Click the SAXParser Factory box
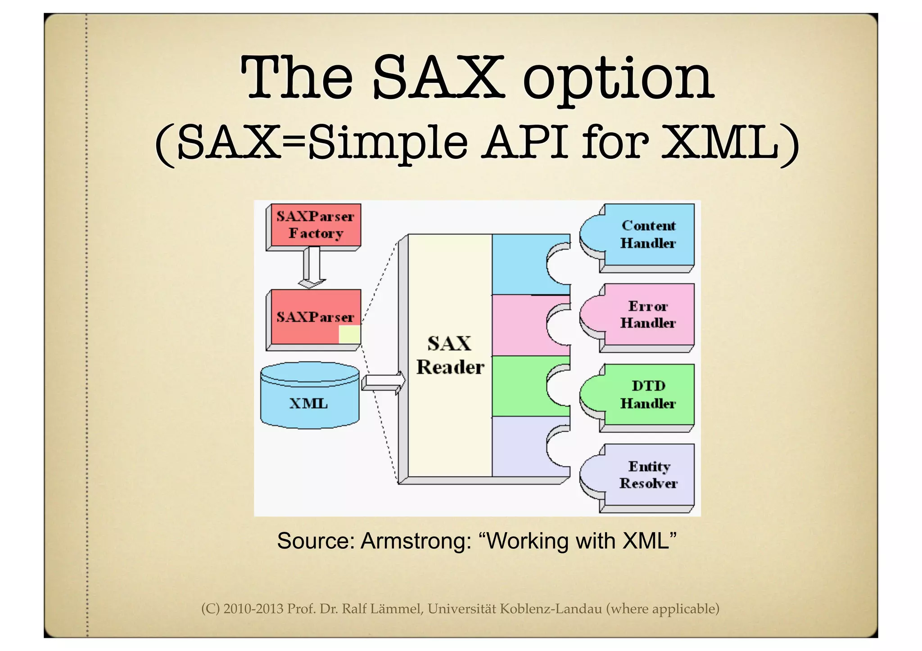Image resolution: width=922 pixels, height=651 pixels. [x=315, y=225]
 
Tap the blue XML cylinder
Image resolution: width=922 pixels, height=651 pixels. [x=310, y=396]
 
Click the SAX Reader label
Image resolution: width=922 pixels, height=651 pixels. [x=449, y=355]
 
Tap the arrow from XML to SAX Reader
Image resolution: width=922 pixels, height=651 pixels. [x=383, y=382]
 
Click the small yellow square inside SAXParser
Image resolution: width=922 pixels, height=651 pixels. [x=349, y=335]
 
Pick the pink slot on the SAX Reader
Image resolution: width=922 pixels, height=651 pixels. [x=518, y=325]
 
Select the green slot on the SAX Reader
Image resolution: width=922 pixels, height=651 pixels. [x=518, y=386]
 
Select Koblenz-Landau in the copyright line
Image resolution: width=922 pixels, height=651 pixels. [x=551, y=609]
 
